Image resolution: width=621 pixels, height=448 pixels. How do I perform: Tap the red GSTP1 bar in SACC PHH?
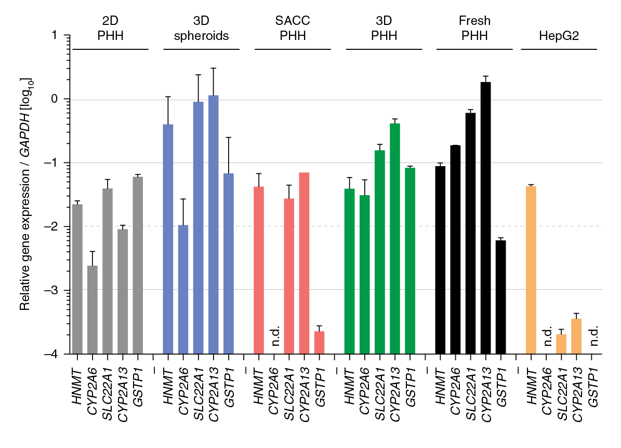pos(320,343)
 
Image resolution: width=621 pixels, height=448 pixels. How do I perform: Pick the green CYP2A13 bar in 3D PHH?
pos(395,239)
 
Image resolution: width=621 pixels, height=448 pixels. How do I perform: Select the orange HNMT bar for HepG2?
pos(531,270)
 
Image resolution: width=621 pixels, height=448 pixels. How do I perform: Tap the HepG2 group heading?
pos(559,36)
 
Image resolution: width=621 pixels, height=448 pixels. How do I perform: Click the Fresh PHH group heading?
pos(474,29)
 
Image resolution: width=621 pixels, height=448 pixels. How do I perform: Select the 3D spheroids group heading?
pos(201,29)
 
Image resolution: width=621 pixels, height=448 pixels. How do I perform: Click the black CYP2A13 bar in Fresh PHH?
pos(486,218)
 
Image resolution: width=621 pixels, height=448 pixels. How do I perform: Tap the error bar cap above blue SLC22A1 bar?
pos(198,75)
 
